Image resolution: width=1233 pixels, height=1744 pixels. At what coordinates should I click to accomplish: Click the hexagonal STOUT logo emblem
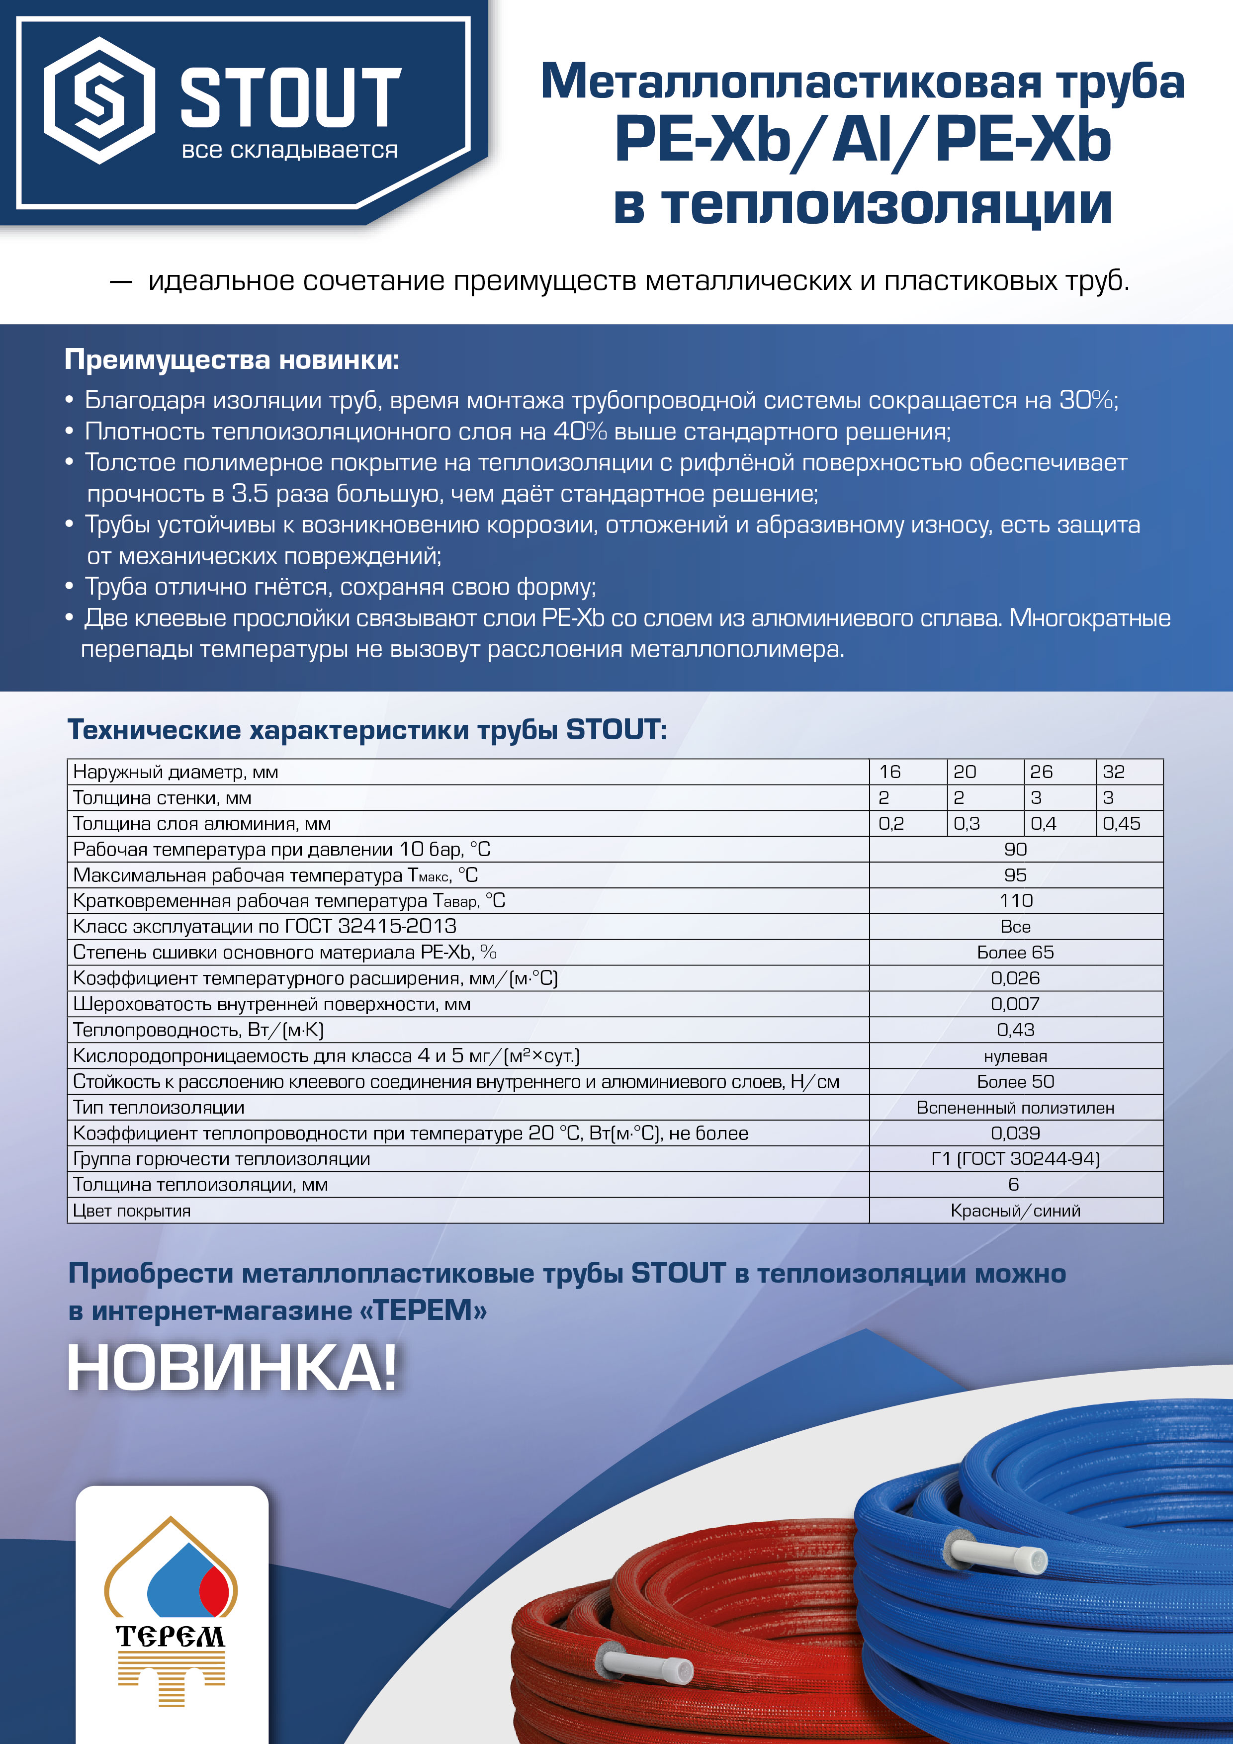[x=99, y=100]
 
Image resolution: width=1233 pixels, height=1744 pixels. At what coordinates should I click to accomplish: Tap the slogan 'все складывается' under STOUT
[x=289, y=151]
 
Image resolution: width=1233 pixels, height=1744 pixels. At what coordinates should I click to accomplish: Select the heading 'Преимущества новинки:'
[x=232, y=359]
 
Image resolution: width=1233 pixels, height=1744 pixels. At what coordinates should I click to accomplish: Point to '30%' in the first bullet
[x=1086, y=400]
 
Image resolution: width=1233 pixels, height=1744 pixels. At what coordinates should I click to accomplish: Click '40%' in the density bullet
[x=580, y=432]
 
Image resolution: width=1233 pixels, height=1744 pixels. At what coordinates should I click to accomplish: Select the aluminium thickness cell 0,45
[x=1121, y=823]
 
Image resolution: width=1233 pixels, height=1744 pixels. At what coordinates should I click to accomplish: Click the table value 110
[x=1016, y=901]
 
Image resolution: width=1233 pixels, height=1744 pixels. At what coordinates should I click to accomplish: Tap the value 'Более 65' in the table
[x=1016, y=953]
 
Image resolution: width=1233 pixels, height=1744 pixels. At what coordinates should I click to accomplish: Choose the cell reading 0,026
[x=1016, y=978]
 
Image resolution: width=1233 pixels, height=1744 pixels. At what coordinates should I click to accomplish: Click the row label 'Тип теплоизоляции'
[x=159, y=1108]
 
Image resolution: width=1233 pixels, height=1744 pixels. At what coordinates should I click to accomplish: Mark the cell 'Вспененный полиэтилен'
[x=1016, y=1108]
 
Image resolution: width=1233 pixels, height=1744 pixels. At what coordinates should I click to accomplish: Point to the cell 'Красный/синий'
[x=1016, y=1211]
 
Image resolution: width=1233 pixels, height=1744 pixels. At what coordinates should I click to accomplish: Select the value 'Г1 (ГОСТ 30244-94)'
[x=1016, y=1159]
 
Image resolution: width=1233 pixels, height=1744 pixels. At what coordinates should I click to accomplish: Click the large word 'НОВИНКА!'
[x=232, y=1369]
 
